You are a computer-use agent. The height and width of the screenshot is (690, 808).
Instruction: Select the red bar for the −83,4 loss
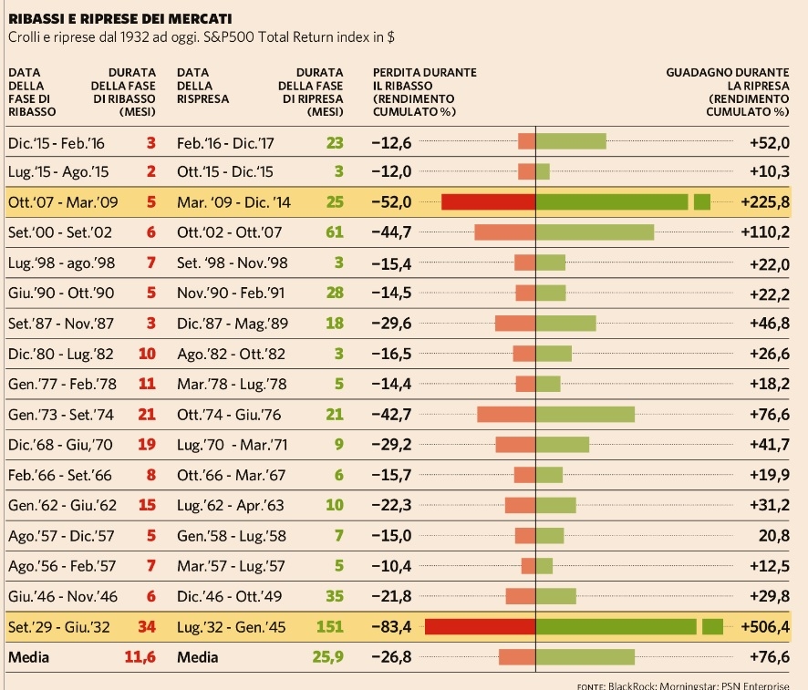pos(480,626)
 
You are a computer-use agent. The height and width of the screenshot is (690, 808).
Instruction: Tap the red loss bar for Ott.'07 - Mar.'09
pos(488,201)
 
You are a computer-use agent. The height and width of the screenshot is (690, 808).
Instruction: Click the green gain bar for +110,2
pos(596,232)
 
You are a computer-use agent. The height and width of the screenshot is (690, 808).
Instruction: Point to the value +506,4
pos(767,626)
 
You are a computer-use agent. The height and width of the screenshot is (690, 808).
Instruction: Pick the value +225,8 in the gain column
pos(766,201)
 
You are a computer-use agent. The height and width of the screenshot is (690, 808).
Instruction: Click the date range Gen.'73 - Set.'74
pos(60,414)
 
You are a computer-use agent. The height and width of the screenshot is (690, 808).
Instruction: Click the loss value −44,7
pos(392,232)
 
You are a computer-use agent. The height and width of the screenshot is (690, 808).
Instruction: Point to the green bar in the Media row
pos(585,656)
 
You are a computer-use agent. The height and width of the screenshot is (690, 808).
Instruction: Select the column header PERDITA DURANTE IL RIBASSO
pos(424,91)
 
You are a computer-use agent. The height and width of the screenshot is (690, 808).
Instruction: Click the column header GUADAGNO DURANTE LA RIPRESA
pos(729,91)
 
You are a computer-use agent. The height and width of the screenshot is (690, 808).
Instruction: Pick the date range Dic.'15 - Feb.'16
pos(56,141)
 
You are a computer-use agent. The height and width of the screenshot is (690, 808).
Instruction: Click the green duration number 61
pos(335,232)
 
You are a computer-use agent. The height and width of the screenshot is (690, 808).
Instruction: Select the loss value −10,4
pos(392,566)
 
